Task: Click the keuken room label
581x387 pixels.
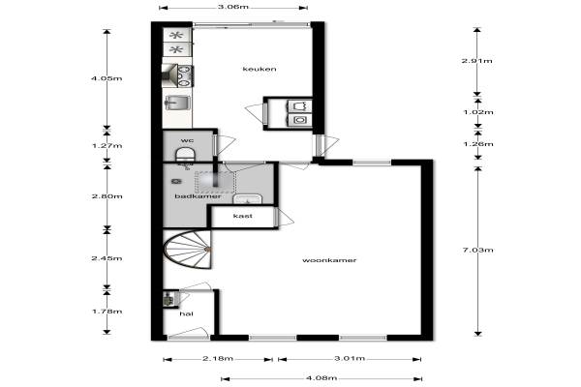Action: (260, 69)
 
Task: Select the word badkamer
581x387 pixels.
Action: (198, 196)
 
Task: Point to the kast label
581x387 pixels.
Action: (243, 216)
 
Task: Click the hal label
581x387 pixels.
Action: (186, 314)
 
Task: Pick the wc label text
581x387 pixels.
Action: (187, 140)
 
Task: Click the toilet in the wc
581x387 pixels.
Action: (185, 155)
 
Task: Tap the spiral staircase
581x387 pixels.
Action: (188, 250)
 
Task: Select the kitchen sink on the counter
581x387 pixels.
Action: (178, 103)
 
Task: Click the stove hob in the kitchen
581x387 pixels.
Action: (185, 75)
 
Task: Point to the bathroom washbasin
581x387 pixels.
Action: (248, 199)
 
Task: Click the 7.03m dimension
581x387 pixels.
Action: (478, 251)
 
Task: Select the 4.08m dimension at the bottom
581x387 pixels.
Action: (321, 378)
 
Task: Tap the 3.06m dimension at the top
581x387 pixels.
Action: (232, 7)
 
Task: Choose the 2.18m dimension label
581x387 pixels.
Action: (218, 359)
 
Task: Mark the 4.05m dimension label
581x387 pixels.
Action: (107, 78)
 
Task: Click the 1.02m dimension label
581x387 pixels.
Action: (478, 112)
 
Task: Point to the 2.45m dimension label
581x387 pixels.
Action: (107, 258)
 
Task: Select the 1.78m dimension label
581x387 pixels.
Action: (107, 312)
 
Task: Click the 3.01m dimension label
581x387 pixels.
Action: (350, 359)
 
